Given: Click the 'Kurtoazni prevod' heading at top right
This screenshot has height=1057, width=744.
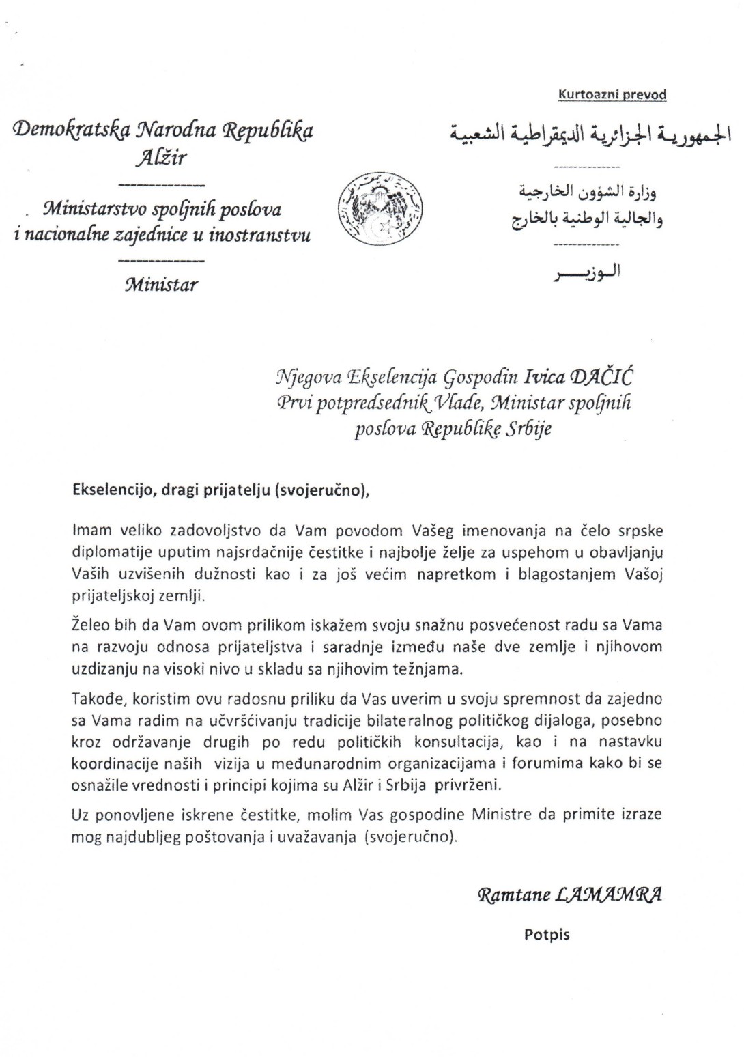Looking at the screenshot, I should pos(612,95).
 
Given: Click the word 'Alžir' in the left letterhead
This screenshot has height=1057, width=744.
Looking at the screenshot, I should pos(161,158).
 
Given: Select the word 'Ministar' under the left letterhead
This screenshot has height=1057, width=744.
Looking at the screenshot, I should pos(161,284).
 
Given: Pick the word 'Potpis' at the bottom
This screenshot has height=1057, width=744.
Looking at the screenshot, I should pos(547,934).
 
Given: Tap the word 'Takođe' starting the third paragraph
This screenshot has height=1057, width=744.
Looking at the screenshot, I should pos(93,699).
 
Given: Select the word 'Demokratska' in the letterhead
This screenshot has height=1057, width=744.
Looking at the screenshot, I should pos(65,130).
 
